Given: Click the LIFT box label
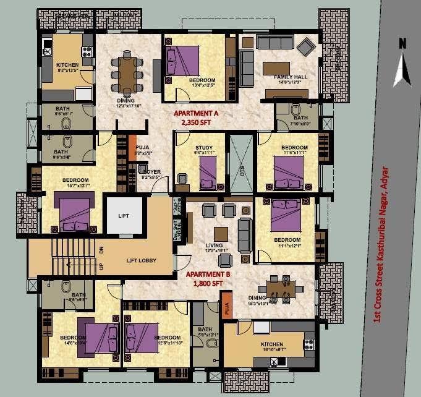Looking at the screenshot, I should pos(125,216).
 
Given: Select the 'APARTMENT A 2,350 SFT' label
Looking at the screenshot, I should pos(196,118).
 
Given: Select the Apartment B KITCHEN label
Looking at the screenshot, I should pos(272,344).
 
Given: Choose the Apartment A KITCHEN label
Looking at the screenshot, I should pos(67,65).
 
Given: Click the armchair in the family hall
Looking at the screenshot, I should pos(305,46).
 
